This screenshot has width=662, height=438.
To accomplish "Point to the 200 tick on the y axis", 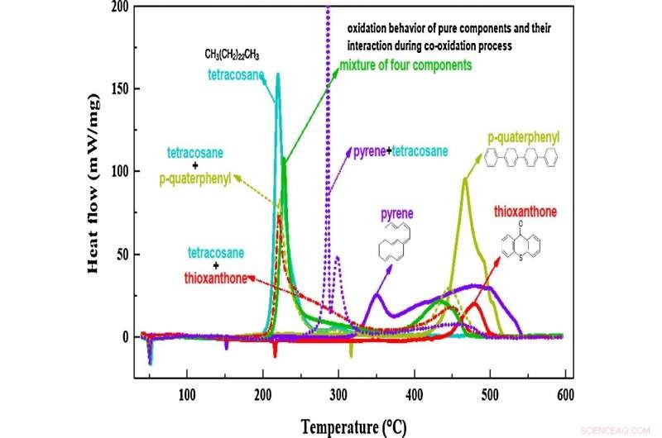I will [121, 7].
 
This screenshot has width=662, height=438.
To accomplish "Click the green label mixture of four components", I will [405, 64].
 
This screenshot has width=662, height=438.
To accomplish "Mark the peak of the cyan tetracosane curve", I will [277, 74].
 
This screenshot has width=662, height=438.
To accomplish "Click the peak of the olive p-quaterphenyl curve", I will [465, 179].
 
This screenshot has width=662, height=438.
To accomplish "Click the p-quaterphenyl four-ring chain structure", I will [523, 157].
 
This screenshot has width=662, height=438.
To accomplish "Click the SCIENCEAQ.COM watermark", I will [617, 429].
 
